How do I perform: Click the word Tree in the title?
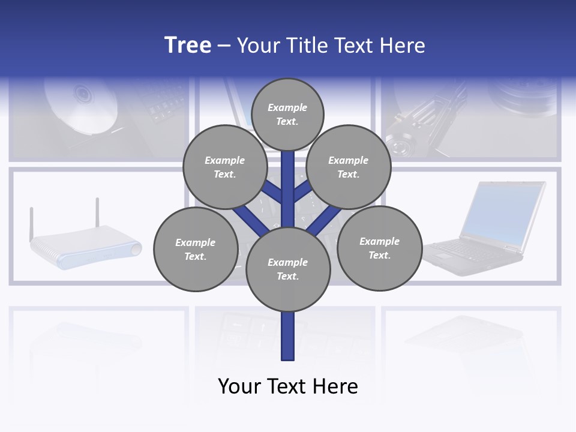(x=188, y=46)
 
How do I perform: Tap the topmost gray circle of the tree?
(x=287, y=114)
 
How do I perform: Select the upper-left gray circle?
(x=225, y=167)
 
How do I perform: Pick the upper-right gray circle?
(x=349, y=167)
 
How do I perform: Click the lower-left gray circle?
(x=196, y=249)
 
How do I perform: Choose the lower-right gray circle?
(x=380, y=248)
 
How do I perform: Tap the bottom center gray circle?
(x=288, y=269)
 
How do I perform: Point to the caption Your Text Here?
(x=288, y=386)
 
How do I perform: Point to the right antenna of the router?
(x=97, y=213)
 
